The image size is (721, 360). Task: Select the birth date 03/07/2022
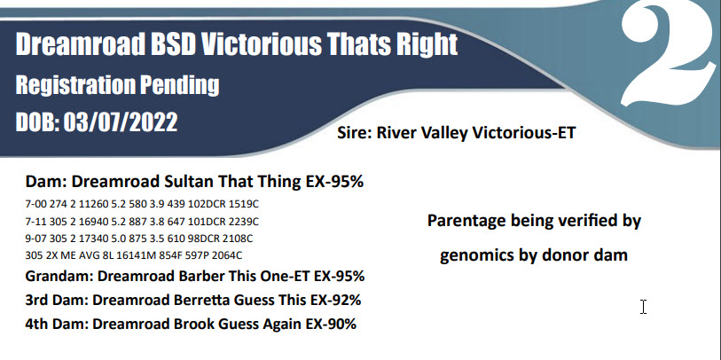click(x=120, y=122)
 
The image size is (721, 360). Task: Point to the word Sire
click(x=355, y=133)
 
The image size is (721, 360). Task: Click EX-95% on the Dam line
click(x=334, y=182)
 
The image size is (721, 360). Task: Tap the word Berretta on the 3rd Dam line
click(x=202, y=301)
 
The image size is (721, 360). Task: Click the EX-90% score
click(x=331, y=324)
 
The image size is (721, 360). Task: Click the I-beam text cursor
click(x=643, y=307)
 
